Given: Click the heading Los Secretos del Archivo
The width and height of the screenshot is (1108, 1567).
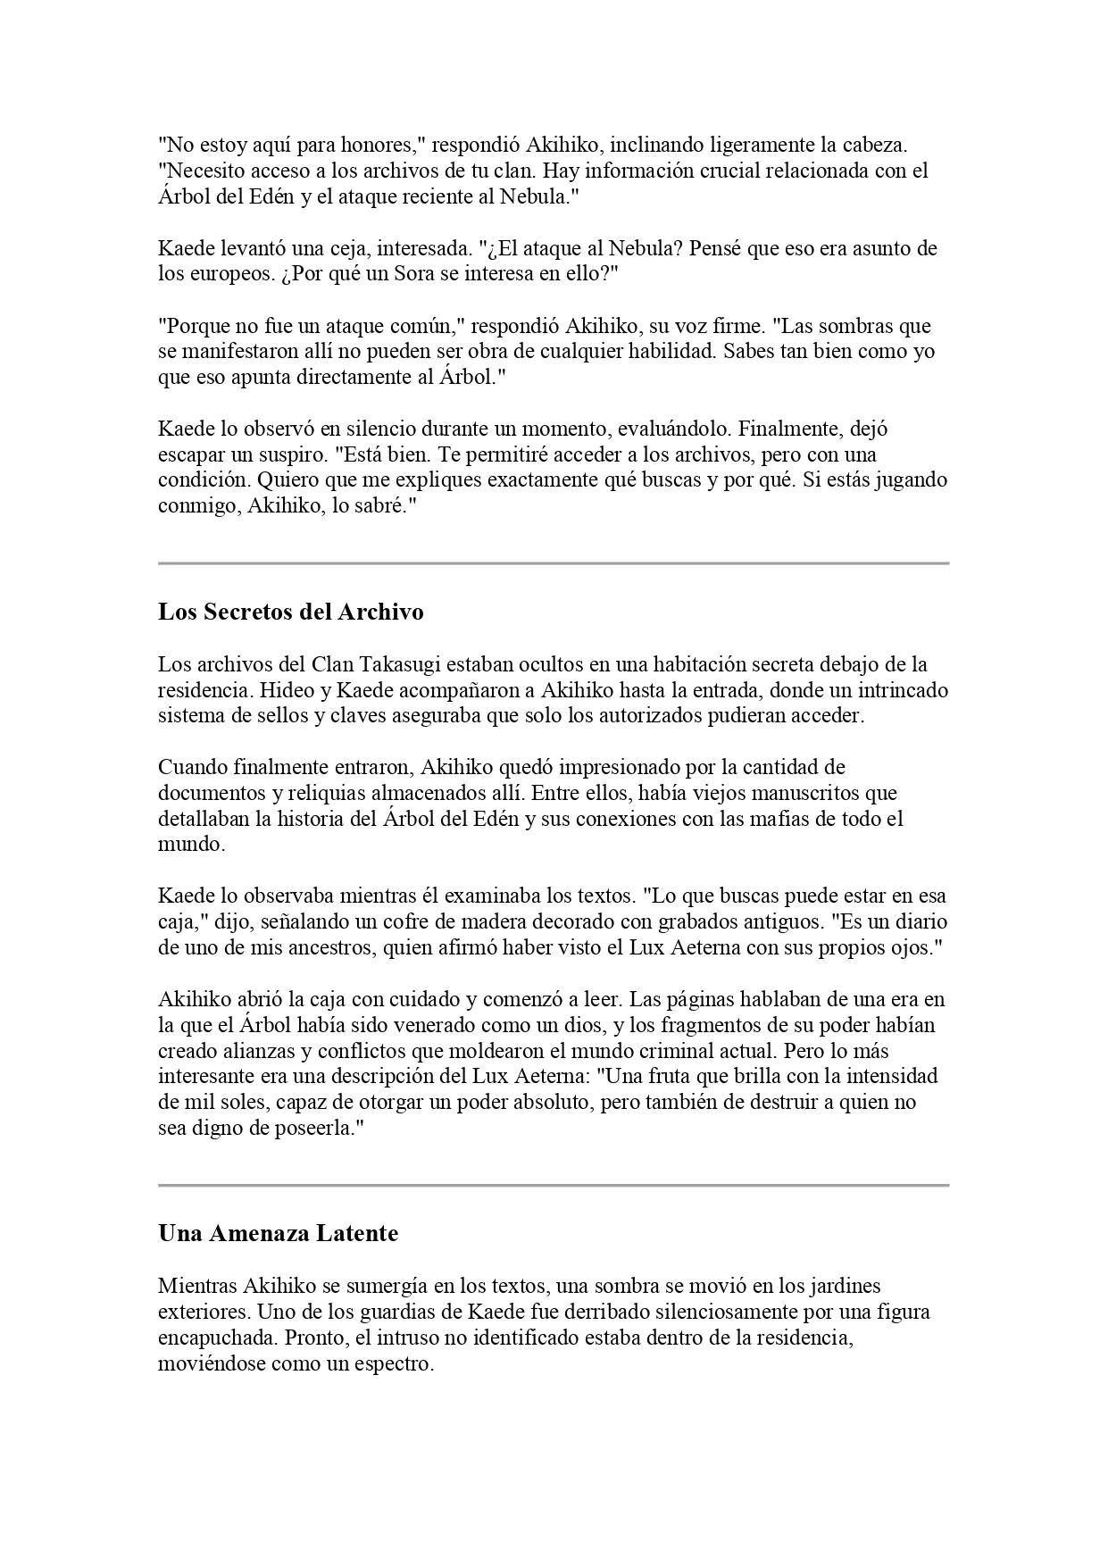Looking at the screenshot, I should click(290, 613).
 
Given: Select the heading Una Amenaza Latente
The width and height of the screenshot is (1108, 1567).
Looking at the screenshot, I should click(278, 1234).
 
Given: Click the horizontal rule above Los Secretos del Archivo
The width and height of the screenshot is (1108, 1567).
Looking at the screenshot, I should click(554, 563).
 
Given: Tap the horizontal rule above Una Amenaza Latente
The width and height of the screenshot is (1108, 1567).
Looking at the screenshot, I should click(554, 1185).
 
